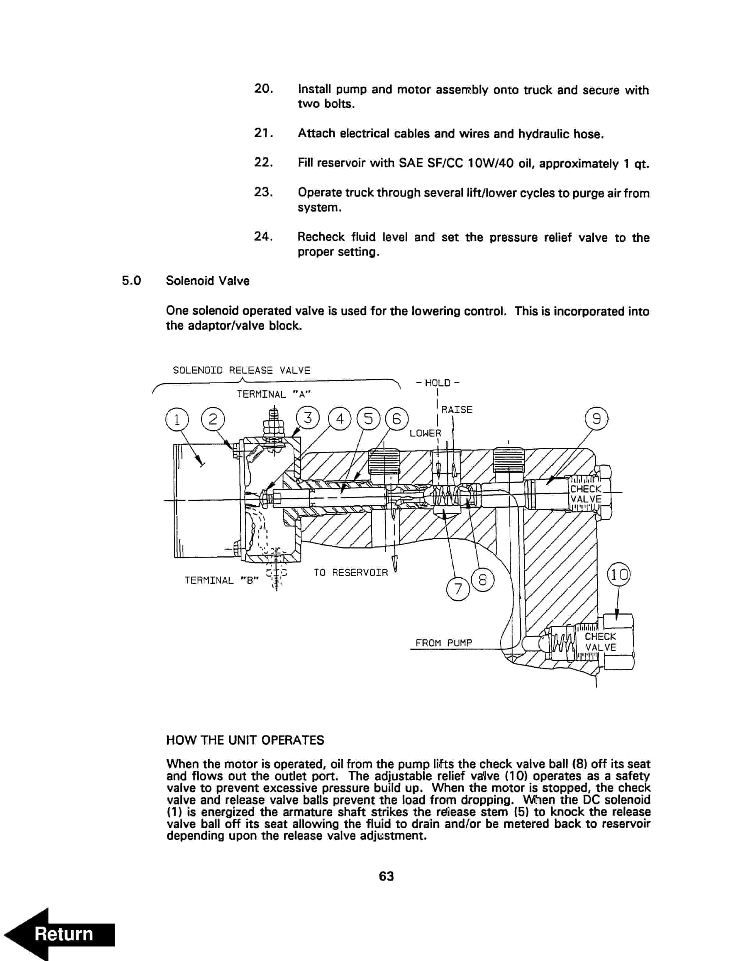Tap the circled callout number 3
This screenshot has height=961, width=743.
(308, 417)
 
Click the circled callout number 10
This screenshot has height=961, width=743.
(618, 575)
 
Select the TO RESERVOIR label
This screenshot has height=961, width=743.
(350, 573)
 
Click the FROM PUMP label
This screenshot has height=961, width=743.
(444, 643)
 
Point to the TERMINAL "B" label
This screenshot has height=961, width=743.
(221, 580)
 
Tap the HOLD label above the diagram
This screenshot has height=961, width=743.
(438, 383)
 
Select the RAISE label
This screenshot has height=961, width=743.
(457, 410)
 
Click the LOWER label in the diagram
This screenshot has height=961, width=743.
(425, 433)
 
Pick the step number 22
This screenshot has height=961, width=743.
(263, 162)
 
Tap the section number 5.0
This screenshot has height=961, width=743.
(131, 281)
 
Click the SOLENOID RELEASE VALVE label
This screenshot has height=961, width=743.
(241, 370)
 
